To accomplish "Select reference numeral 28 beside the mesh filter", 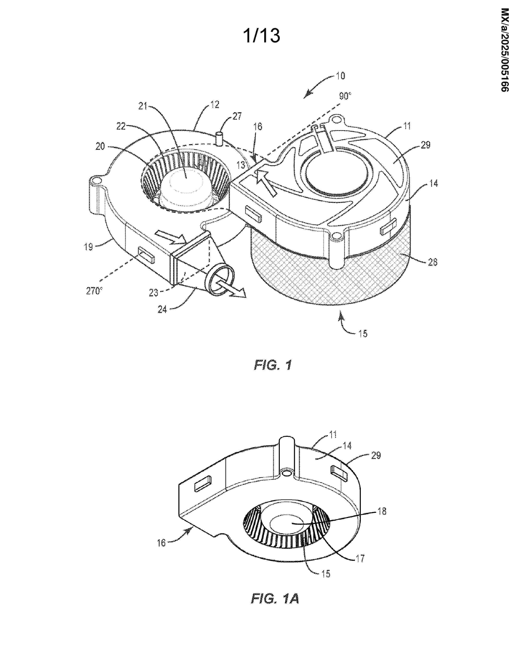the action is coord(432,262).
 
